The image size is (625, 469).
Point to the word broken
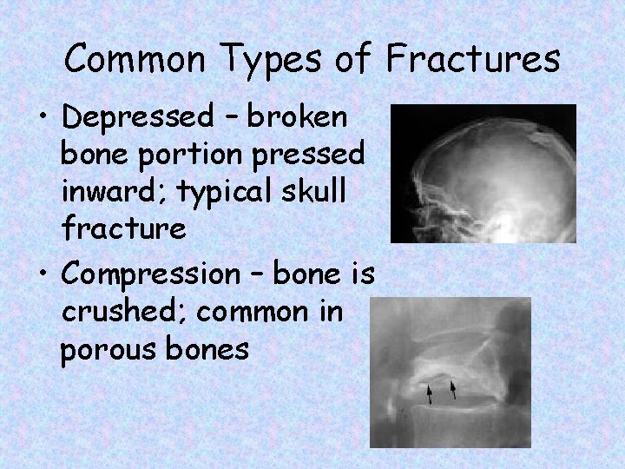click(298, 116)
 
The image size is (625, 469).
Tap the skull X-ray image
click(483, 173)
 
